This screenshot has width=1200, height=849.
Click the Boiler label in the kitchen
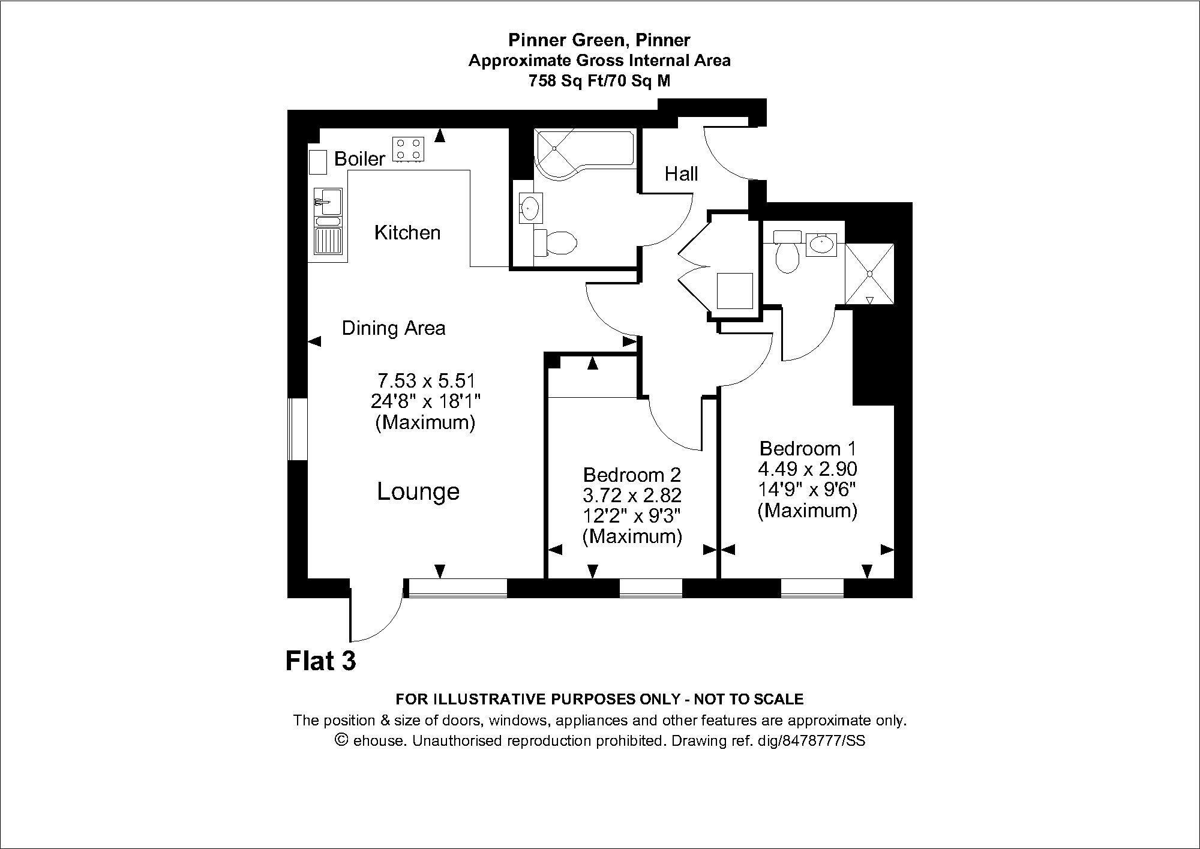[359, 159]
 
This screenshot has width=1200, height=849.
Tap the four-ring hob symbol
[408, 149]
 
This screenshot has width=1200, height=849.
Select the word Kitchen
[407, 233]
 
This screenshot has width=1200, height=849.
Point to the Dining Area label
[394, 328]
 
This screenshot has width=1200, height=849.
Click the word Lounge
[418, 492]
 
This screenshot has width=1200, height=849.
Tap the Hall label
[681, 174]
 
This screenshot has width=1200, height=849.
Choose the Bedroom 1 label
[808, 448]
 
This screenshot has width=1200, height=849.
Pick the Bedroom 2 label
[632, 475]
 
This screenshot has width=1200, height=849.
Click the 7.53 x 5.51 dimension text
[426, 381]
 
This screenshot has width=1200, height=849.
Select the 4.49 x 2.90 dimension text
[808, 469]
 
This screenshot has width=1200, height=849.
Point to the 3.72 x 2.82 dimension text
[632, 496]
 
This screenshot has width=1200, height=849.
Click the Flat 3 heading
[321, 661]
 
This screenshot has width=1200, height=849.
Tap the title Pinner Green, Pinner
[599, 40]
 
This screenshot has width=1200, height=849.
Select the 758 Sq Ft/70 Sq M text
[599, 81]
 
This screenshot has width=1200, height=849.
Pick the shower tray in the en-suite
[869, 274]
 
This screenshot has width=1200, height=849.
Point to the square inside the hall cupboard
[735, 291]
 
